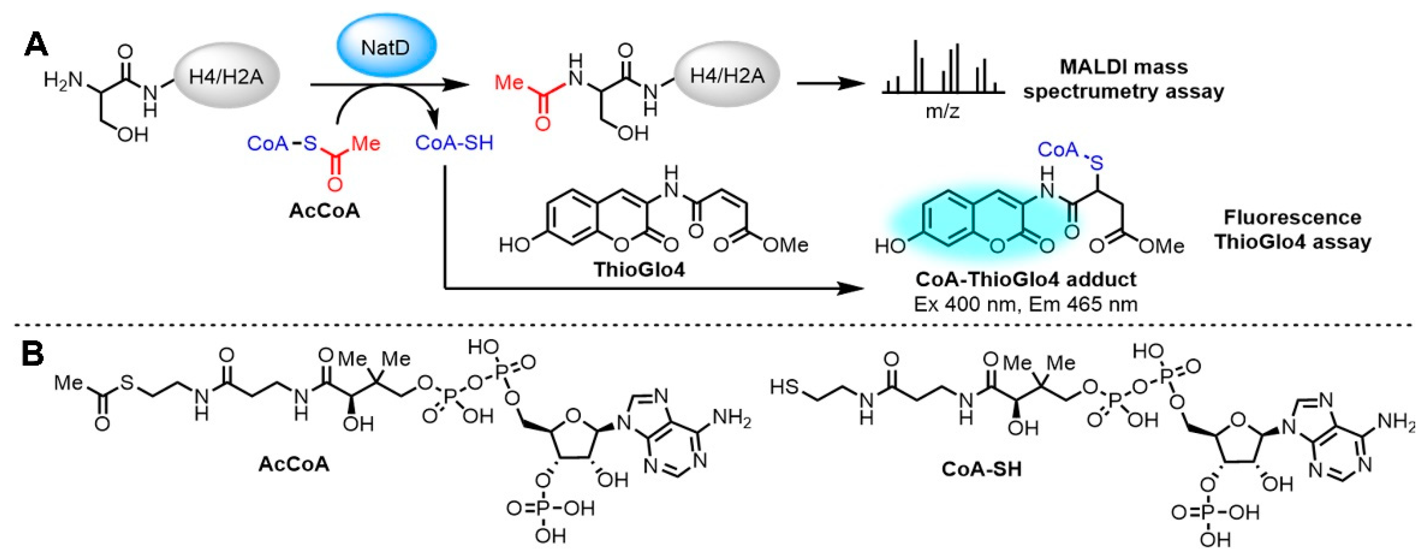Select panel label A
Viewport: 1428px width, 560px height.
click(36, 45)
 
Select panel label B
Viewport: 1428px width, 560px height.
click(33, 354)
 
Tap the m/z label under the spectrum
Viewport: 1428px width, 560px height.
click(942, 112)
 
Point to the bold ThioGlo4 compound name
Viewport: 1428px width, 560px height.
click(639, 269)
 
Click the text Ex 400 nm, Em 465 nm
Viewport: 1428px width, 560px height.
click(1025, 304)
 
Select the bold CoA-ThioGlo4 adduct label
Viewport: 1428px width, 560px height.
click(1026, 279)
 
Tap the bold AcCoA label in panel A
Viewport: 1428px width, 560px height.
click(324, 211)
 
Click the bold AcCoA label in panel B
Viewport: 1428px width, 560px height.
click(294, 463)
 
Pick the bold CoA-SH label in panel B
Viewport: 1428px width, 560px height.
click(982, 469)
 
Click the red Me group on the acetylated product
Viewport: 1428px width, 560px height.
click(509, 83)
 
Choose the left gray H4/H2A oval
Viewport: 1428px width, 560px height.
click(226, 76)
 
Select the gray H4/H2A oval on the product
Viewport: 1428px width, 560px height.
click(727, 76)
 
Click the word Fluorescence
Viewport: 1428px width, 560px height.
click(1292, 217)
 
